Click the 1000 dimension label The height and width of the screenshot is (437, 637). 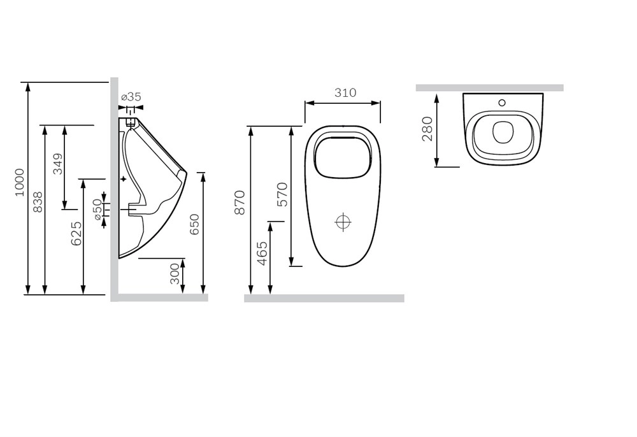20,182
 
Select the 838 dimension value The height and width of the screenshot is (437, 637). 38,202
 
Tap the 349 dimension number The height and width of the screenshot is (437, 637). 59,164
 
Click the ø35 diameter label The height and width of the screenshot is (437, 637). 131,97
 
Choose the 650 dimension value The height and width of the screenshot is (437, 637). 194,224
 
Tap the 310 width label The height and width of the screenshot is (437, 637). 345,92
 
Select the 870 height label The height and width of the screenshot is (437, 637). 240,202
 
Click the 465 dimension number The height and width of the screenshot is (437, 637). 262,254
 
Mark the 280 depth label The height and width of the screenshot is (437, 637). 427,129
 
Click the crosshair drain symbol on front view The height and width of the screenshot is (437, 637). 343,222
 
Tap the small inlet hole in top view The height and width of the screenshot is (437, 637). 503,103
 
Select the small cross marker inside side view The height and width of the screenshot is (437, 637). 124,179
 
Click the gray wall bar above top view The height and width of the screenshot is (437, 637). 489,88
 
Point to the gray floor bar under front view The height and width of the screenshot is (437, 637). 324,298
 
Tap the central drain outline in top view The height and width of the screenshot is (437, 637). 503,132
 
